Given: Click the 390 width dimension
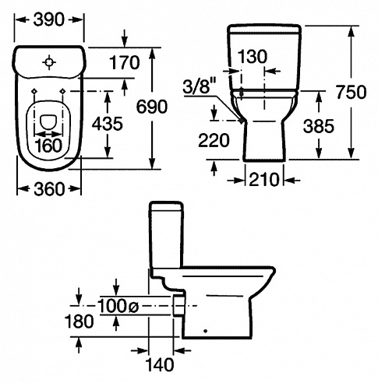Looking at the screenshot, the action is click(48, 19).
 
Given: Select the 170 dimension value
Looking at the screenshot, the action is click(125, 62).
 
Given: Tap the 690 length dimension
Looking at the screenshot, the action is click(152, 107).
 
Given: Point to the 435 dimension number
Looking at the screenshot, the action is click(108, 124).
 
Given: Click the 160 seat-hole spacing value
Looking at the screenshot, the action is click(49, 146).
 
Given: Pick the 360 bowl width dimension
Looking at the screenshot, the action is click(49, 188).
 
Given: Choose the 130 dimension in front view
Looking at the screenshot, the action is click(253, 56).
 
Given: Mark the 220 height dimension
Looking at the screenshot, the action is click(214, 140).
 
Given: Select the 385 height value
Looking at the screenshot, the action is click(319, 126).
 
